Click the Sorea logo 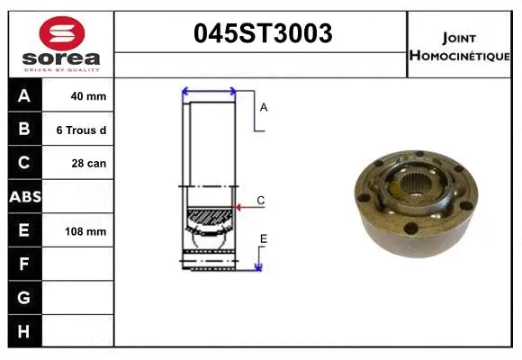coord(61,44)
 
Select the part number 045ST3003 coord(263,33)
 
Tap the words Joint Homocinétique coord(461,45)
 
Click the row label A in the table coord(24,96)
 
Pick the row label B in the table coord(24,130)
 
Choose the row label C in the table coord(24,163)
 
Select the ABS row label coord(24,196)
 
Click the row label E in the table coord(24,230)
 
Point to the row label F coord(24,264)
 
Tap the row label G coord(24,297)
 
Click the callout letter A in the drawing coord(264,107)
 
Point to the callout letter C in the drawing coord(260,200)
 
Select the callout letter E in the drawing coord(264,238)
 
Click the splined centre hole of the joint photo coord(416,191)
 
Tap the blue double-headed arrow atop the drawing coord(209,91)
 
